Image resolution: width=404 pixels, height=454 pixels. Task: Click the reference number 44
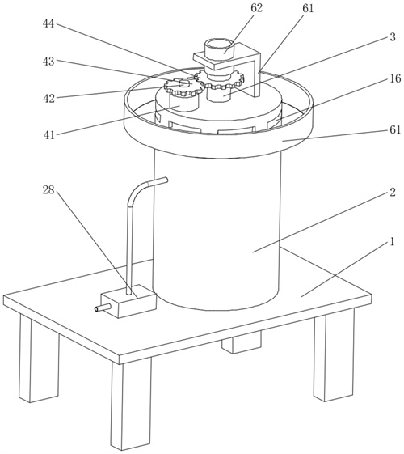(x=48, y=23)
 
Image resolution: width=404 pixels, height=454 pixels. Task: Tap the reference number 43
(x=48, y=61)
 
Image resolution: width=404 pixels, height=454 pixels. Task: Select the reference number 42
(x=48, y=99)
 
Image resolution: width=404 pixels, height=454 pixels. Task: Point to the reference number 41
(x=48, y=135)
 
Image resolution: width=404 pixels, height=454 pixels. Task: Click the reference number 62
(x=256, y=8)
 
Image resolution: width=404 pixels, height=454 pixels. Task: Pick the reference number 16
(x=395, y=78)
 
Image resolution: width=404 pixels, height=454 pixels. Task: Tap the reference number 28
(x=48, y=190)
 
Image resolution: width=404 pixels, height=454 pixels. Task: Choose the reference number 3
(x=393, y=36)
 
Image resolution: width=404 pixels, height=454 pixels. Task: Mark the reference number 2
(x=393, y=192)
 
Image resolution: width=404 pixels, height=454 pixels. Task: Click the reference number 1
(x=392, y=241)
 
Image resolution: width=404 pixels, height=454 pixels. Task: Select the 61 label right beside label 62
(x=308, y=8)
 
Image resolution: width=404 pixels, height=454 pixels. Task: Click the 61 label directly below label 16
(x=395, y=129)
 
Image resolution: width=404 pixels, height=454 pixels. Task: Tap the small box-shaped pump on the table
(x=128, y=301)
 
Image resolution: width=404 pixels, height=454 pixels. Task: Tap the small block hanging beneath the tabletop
(x=242, y=342)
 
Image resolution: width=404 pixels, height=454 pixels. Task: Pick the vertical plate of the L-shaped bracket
(x=257, y=75)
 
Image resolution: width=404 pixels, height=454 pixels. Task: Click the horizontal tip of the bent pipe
(x=158, y=182)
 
